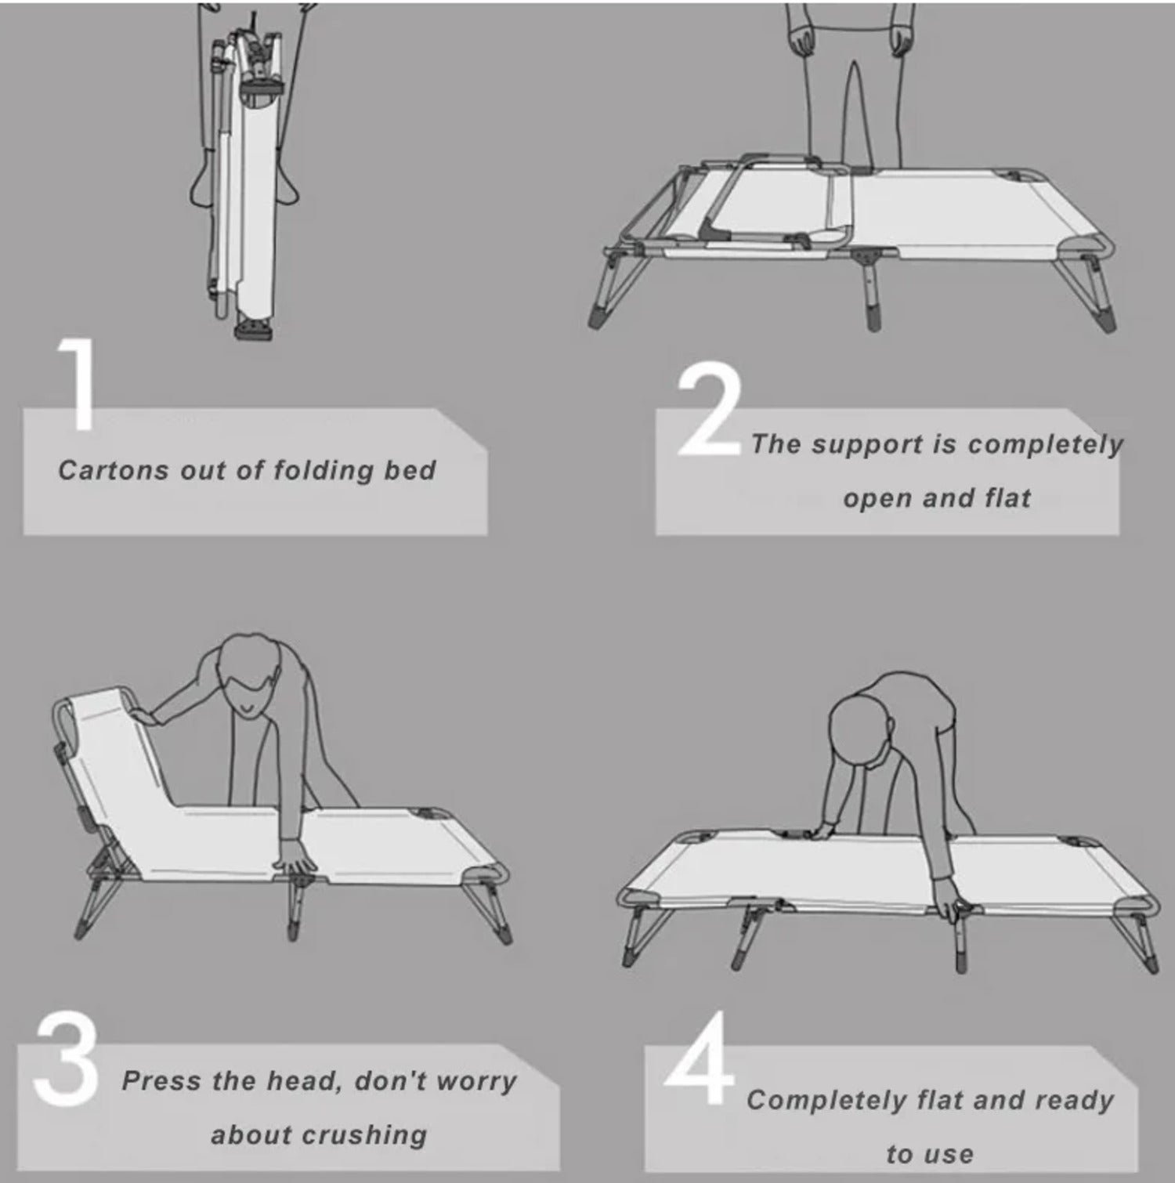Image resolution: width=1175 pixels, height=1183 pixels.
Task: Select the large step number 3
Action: coord(66,1057)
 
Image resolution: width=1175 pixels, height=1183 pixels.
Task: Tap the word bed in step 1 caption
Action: coord(410,469)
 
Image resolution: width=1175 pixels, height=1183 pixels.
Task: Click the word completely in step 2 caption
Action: coord(1045,446)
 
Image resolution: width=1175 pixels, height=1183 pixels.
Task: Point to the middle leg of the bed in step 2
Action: coord(870,290)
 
